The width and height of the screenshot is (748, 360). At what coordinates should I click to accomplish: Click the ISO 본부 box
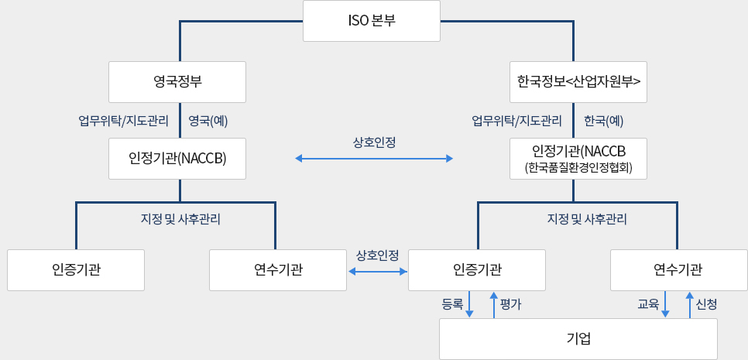[x=372, y=21]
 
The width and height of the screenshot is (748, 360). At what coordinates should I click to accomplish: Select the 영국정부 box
[x=177, y=81]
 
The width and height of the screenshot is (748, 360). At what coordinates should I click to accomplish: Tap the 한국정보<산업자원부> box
[x=578, y=81]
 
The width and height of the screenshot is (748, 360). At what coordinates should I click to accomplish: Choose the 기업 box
[x=578, y=339]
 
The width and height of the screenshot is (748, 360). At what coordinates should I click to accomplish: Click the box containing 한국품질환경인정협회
[x=578, y=159]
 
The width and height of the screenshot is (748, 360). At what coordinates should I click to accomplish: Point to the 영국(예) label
[x=208, y=121]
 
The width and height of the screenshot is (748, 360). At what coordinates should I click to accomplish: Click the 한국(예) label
[x=604, y=121]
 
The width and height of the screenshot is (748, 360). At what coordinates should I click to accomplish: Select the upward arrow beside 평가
[x=493, y=304]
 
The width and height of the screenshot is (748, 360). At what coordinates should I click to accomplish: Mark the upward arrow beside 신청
[x=689, y=304]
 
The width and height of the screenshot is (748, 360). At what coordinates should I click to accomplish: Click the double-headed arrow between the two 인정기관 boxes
[x=374, y=159]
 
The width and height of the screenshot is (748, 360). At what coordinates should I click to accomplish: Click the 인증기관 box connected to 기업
[x=476, y=269]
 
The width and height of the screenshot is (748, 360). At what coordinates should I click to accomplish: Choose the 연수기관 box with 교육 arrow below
[x=678, y=269]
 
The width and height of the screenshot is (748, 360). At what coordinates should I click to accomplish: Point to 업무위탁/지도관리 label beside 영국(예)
[x=124, y=121]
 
